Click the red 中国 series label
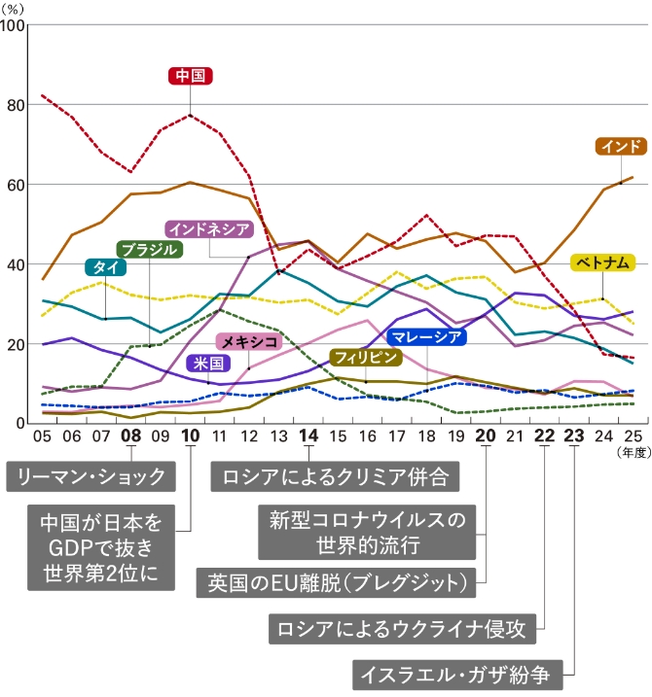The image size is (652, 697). (x=190, y=76)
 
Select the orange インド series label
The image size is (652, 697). (x=621, y=147)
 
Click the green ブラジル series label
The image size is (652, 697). (x=150, y=249)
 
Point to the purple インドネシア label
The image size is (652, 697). (x=209, y=229)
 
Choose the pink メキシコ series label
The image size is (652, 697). (x=248, y=342)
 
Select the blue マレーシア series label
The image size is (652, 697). (x=426, y=337)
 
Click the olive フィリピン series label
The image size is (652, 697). (x=365, y=357)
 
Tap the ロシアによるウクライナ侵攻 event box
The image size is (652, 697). (x=401, y=628)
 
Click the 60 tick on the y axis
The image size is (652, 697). (x=16, y=184)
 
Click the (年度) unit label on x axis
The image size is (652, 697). (x=631, y=451)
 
